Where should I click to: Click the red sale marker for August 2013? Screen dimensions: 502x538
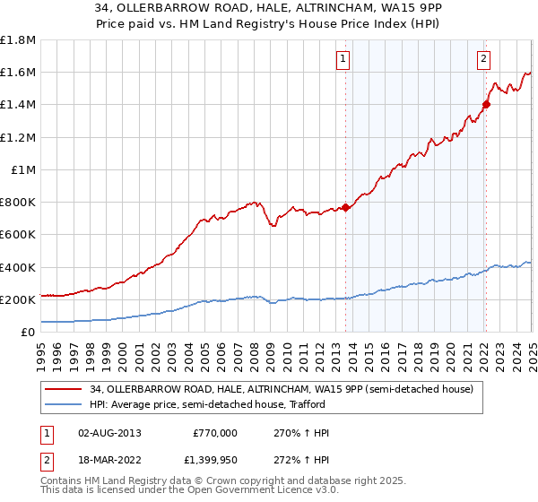click(345, 207)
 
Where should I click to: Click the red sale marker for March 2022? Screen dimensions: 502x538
click(486, 104)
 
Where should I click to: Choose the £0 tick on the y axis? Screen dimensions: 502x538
click(30, 332)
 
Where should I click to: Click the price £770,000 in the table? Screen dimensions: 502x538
click(214, 433)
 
